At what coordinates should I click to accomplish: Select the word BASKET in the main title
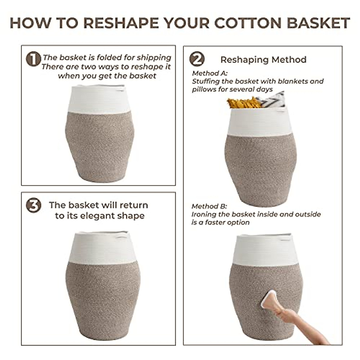coord(318,23)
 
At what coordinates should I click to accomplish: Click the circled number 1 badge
coord(33,59)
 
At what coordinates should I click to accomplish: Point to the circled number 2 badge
coord(197,59)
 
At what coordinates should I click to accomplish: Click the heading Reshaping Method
coord(263,60)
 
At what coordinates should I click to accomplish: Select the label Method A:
coord(210,73)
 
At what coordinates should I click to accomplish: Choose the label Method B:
coord(209,206)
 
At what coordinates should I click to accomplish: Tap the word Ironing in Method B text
coord(204,214)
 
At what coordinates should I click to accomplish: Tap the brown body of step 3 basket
coord(103,297)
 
